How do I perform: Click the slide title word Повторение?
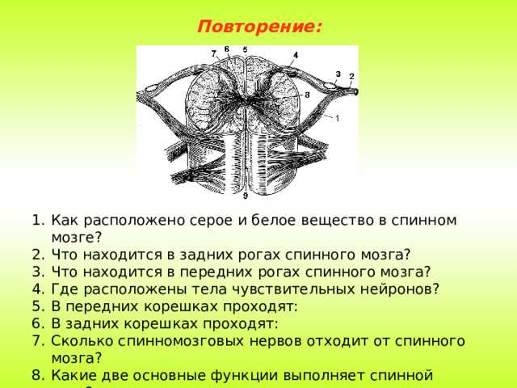point(258,27)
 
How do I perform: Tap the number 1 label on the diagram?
point(337,119)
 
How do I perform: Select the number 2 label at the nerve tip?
point(351,75)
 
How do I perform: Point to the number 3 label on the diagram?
point(338,73)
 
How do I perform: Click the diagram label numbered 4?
point(296,55)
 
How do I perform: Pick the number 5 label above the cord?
point(245,49)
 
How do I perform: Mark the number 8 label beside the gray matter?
point(307,95)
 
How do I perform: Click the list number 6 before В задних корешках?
point(39,323)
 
